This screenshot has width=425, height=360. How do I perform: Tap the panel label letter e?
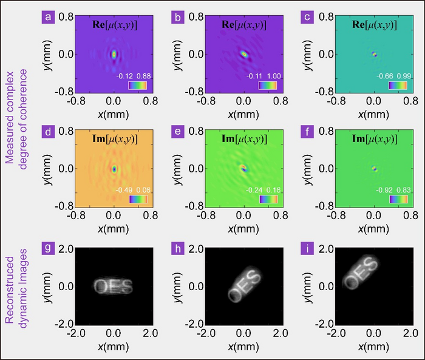177,132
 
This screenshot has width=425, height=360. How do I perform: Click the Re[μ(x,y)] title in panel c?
375,23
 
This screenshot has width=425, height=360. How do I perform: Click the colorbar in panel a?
137,86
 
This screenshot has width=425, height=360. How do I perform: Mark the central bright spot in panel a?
114,54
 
